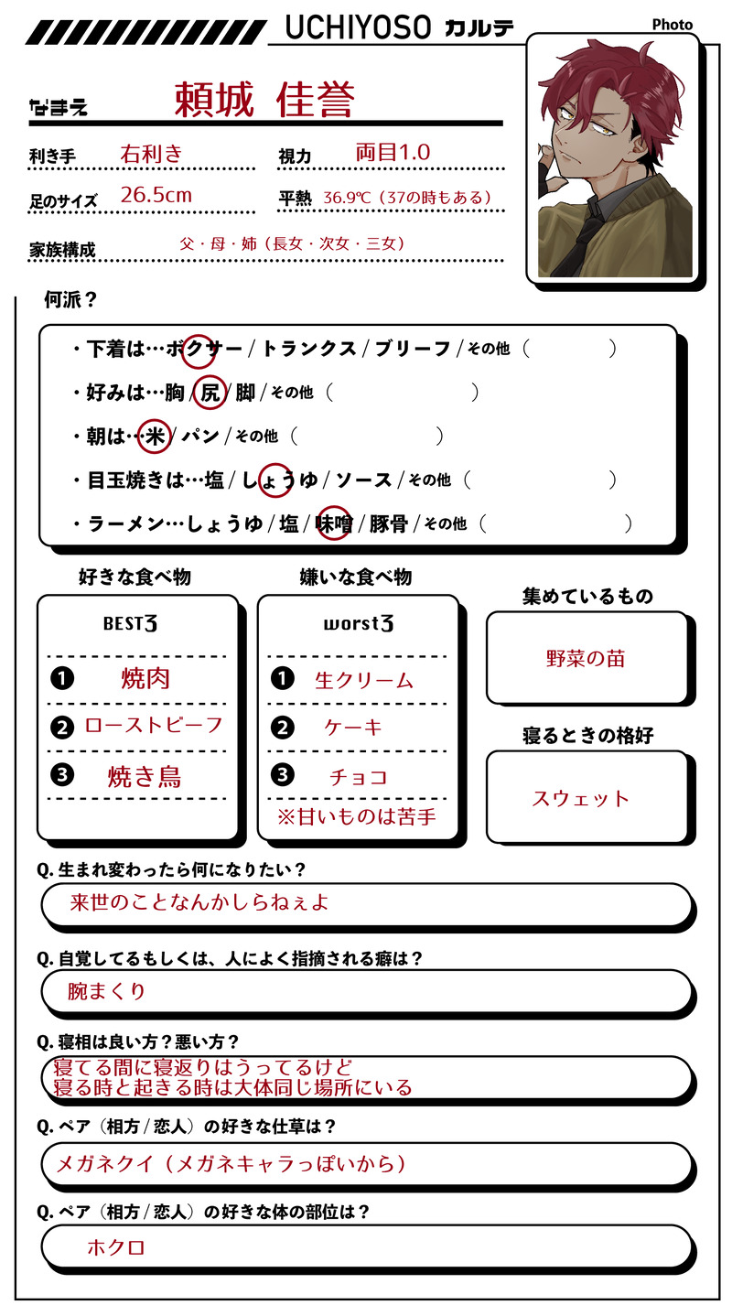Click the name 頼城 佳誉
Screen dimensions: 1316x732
[264, 100]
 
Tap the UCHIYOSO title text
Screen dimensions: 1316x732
[358, 28]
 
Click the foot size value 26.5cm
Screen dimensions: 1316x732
[156, 195]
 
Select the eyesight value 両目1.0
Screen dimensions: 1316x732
[393, 152]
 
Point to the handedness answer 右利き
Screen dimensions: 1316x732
[151, 153]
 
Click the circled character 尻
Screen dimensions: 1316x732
[210, 393]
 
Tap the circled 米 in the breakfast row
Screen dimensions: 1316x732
[156, 437]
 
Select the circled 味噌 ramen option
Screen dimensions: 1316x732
[335, 523]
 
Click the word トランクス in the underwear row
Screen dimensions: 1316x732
[308, 349]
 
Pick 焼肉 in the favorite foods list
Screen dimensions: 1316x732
[145, 678]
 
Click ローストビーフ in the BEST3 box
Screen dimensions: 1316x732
[154, 725]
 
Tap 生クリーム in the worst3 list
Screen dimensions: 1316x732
[364, 680]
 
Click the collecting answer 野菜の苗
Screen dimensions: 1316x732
[586, 659]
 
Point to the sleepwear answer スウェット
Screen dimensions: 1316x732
[581, 798]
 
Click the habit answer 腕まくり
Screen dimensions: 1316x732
[107, 991]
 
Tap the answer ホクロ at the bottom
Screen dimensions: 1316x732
[116, 1247]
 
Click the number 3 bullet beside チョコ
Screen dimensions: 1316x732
[283, 775]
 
